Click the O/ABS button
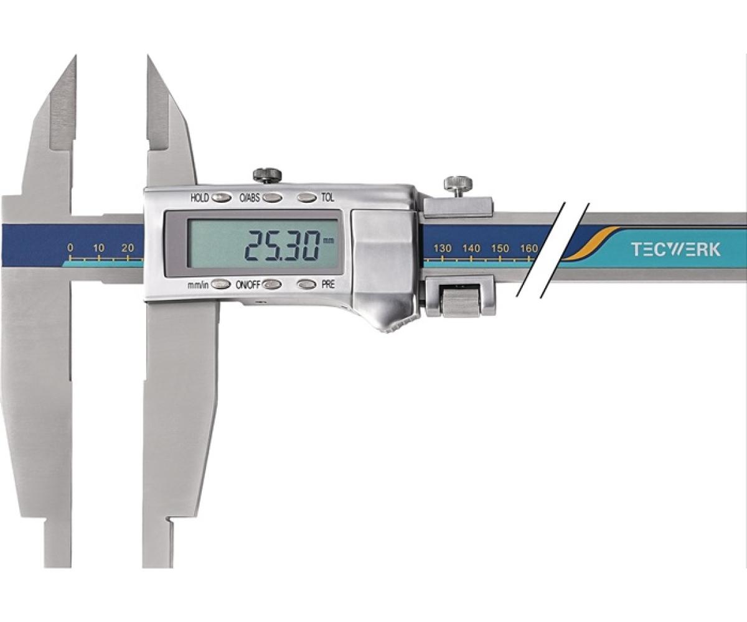pos(272,197)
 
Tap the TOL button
pos(307,197)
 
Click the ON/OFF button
pos(272,284)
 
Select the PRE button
pos(307,284)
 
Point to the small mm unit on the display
pos(328,240)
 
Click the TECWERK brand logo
pos(676,249)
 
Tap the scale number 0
pos(70,248)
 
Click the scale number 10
pos(99,248)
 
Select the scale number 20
pos(128,248)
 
